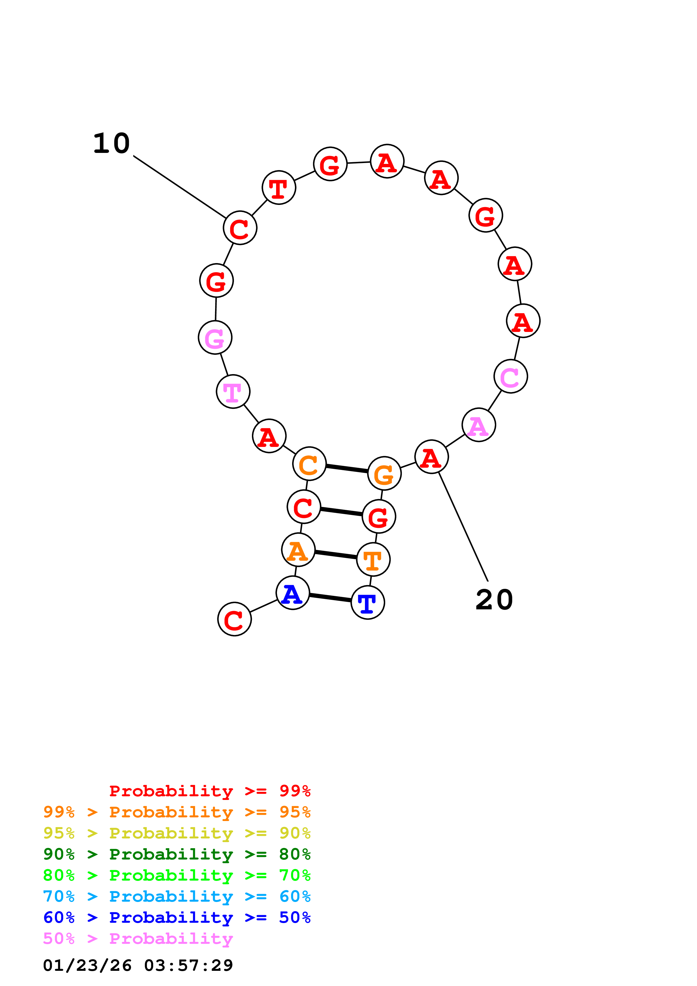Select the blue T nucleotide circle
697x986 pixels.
point(367,603)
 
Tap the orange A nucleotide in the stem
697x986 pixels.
point(298,550)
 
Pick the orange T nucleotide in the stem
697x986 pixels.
point(373,560)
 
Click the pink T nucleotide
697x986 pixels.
point(233,391)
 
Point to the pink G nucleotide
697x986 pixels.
point(215,338)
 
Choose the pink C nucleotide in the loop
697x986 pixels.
point(511,376)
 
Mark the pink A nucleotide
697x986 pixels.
point(479,425)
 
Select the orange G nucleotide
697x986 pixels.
point(384,473)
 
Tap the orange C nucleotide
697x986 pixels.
point(309,463)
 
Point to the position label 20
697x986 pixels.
point(494,600)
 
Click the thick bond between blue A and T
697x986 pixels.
point(330,597)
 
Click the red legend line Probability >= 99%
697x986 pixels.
point(209,791)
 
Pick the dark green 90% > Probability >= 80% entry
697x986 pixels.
point(177,854)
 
